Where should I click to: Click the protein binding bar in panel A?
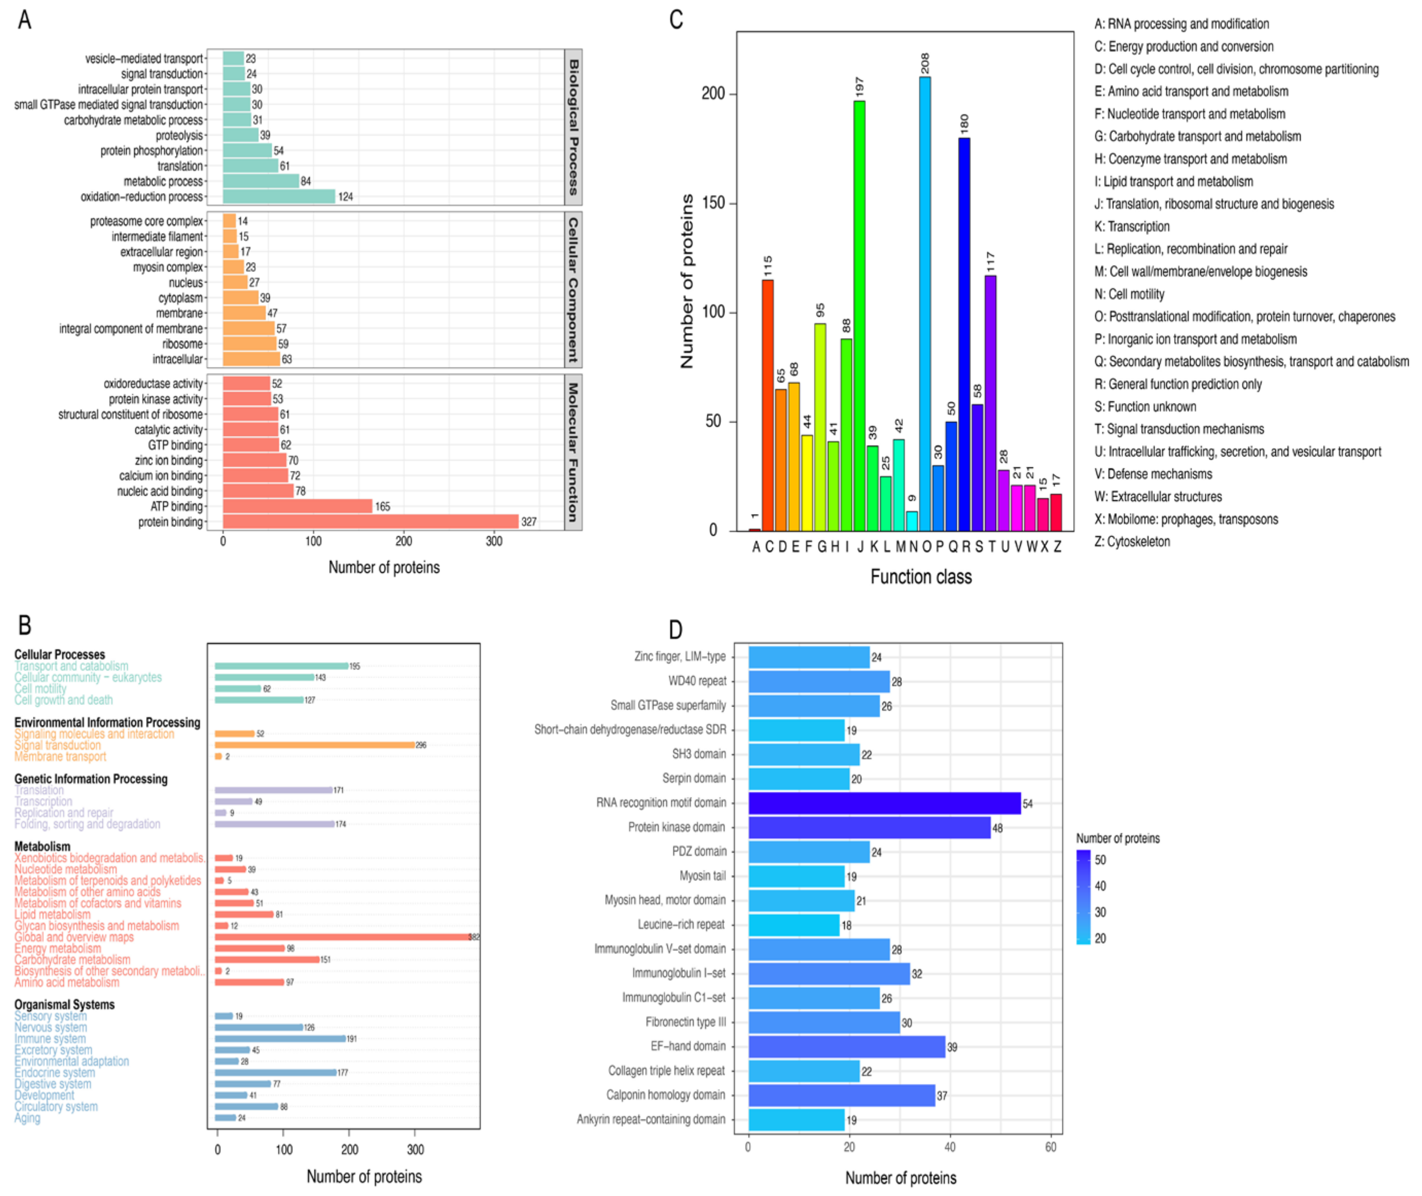(370, 521)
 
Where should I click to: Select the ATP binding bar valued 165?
(297, 506)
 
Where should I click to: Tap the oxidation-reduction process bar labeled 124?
(278, 197)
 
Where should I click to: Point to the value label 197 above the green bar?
(860, 87)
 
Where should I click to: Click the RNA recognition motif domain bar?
(884, 803)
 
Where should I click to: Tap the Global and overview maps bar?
(342, 937)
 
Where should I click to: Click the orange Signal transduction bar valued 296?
(314, 745)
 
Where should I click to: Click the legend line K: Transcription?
(1131, 226)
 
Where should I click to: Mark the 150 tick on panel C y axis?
(713, 203)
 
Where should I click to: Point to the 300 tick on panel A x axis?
(494, 541)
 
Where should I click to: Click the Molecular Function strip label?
(573, 452)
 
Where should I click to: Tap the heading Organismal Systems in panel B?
(64, 1004)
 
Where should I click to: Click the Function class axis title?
(920, 577)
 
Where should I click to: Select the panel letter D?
(675, 629)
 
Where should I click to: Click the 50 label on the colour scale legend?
(1100, 860)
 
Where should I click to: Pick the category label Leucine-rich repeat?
(681, 925)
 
